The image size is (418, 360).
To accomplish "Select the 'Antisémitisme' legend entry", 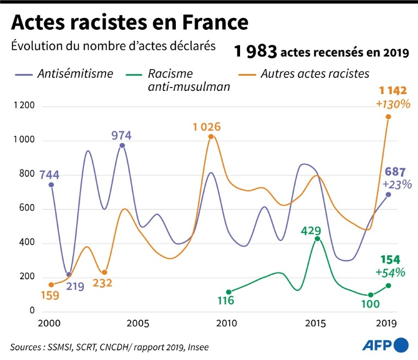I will tap(75, 73).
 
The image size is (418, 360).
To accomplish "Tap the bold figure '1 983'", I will tap(256, 52).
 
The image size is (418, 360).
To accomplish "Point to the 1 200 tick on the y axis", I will tap(23, 106).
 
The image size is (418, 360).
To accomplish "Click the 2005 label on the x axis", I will tap(138, 324).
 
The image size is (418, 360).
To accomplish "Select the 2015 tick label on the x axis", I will tap(316, 324).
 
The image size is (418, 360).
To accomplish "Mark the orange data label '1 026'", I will tap(206, 127).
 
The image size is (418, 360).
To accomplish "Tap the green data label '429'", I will tap(311, 231).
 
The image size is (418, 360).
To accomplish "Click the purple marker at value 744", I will tap(51, 185).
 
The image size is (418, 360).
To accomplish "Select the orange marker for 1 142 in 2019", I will tap(388, 117).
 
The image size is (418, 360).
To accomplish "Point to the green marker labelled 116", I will tap(229, 292).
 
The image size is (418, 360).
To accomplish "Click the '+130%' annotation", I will tap(392, 103).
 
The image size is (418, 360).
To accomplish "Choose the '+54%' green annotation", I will tap(389, 272).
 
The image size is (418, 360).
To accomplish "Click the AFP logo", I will tap(385, 344).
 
